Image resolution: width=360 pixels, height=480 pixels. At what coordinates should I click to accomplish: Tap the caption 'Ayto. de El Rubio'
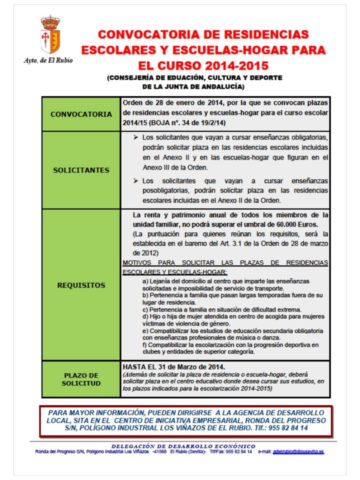click(48, 60)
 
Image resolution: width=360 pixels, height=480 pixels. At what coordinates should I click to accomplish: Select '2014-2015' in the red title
click(234, 65)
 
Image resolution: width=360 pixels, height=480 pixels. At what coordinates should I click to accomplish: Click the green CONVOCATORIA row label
click(81, 114)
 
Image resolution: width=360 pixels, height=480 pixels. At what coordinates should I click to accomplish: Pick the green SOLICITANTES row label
click(81, 170)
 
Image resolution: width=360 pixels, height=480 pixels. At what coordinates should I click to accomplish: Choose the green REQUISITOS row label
click(81, 285)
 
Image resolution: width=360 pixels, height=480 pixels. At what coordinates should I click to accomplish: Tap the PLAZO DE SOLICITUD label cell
click(81, 379)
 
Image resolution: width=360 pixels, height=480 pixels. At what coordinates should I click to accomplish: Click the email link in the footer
click(298, 451)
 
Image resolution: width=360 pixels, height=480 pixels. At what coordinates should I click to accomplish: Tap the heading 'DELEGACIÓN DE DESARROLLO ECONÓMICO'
click(183, 446)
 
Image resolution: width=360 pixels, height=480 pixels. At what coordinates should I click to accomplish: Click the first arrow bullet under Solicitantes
click(136, 137)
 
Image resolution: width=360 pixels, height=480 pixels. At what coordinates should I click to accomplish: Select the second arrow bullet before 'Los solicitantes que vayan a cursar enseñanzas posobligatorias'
click(136, 180)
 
